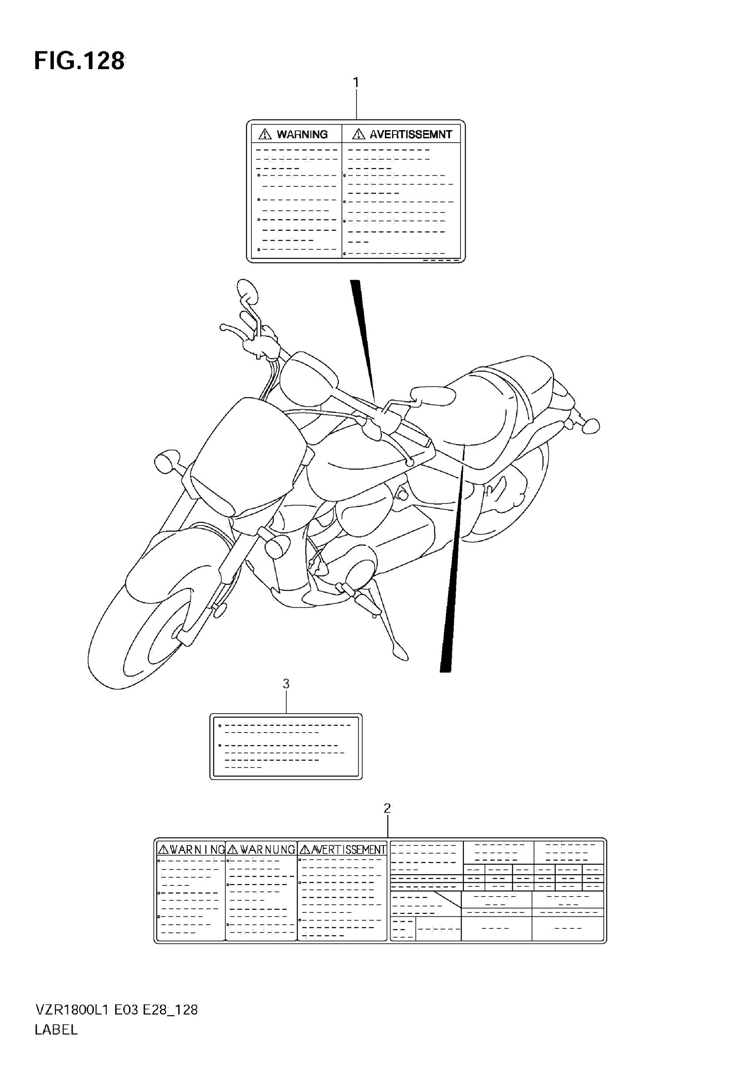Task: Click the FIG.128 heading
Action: (79, 61)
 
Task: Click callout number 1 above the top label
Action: (356, 83)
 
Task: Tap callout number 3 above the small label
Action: (286, 684)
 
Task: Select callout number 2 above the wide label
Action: (388, 809)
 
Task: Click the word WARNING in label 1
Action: (302, 135)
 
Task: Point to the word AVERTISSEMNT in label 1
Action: (411, 135)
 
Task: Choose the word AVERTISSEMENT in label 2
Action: (349, 850)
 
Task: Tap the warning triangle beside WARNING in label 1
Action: (265, 135)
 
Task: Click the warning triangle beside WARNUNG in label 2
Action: (233, 850)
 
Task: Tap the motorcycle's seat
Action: (493, 404)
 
